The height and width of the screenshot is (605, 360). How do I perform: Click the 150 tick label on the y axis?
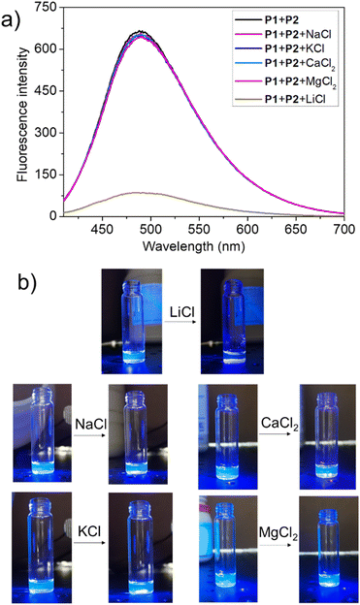(49, 174)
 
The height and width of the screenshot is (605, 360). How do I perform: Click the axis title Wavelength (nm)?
(202, 243)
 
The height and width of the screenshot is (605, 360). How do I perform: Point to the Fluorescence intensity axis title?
(13, 113)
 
